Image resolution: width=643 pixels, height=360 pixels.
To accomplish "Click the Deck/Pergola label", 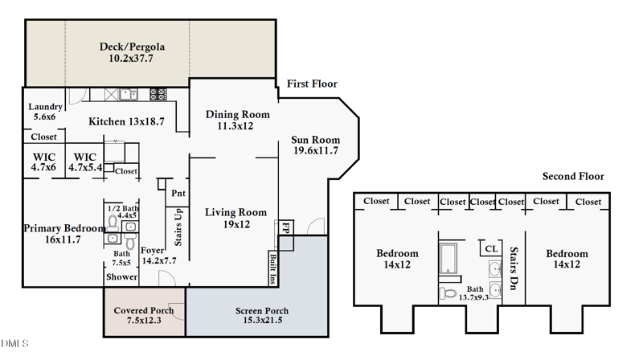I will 125,52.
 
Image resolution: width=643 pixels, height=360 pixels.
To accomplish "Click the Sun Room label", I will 314,145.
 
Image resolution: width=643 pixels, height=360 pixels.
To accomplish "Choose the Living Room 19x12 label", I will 235,218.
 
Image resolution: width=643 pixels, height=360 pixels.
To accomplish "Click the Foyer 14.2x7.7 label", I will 158,255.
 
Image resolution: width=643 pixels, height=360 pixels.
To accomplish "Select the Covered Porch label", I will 144,316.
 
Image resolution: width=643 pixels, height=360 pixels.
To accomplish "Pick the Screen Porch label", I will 262,316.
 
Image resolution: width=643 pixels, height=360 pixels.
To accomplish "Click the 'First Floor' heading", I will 312,84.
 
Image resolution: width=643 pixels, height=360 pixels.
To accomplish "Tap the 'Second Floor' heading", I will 573,177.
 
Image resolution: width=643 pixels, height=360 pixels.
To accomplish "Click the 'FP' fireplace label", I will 285,229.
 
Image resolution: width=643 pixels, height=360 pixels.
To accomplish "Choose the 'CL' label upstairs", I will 490,249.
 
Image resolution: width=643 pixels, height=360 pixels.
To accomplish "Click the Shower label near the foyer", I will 121,278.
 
